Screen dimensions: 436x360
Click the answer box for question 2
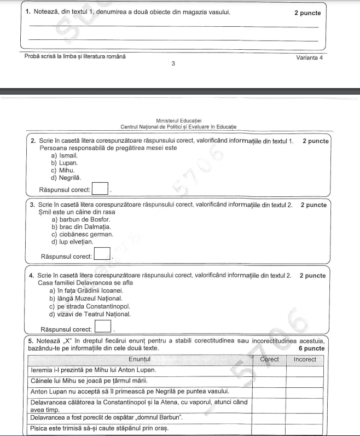click(100, 189)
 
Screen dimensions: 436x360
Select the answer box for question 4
click(102, 328)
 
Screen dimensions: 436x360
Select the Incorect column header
click(305, 359)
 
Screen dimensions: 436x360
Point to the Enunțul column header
click(140, 359)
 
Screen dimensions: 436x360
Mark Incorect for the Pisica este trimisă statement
click(305, 427)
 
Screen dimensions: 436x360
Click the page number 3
click(173, 63)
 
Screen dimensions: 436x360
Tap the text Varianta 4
click(309, 57)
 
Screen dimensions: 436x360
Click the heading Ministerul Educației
click(179, 120)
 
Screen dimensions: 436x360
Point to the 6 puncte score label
click(312, 348)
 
